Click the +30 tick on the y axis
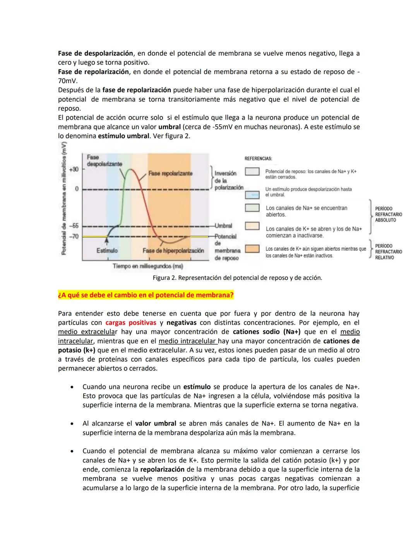click(x=74, y=169)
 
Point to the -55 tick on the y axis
click(x=74, y=225)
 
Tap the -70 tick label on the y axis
click(x=74, y=236)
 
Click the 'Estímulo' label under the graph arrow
click(x=107, y=251)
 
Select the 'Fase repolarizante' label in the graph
click(x=170, y=173)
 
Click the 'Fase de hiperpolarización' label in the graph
click(x=173, y=251)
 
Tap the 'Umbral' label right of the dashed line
click(x=223, y=225)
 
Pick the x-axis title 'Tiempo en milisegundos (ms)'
click(x=148, y=266)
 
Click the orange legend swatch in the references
click(x=252, y=249)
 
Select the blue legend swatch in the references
click(x=252, y=195)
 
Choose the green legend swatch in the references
click(x=252, y=208)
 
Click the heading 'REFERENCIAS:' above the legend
click(x=258, y=159)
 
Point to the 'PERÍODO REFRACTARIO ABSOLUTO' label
click(x=388, y=214)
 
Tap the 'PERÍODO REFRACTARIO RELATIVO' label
click(x=388, y=252)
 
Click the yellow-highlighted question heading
click(x=146, y=295)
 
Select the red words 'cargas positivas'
click(x=130, y=323)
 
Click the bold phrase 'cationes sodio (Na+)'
click(x=267, y=332)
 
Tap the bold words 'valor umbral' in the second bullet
click(x=155, y=424)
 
